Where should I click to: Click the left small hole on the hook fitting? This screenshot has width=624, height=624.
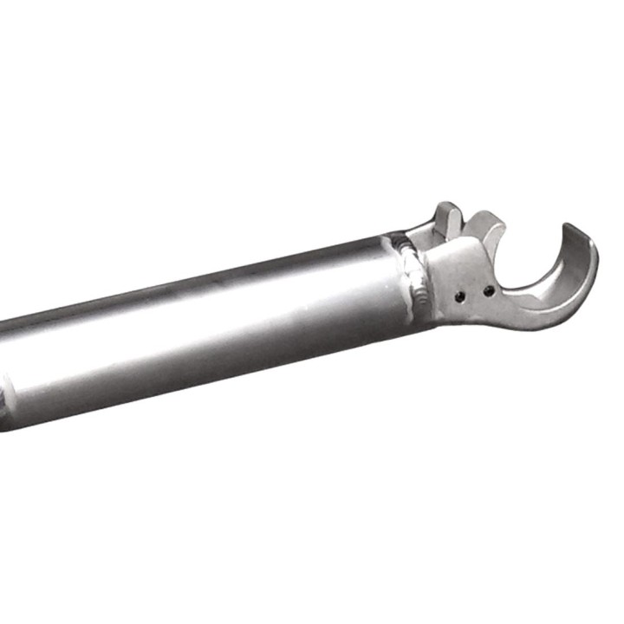click(461, 297)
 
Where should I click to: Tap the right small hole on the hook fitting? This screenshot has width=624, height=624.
click(490, 290)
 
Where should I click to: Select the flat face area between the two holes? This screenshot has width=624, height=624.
click(475, 294)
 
